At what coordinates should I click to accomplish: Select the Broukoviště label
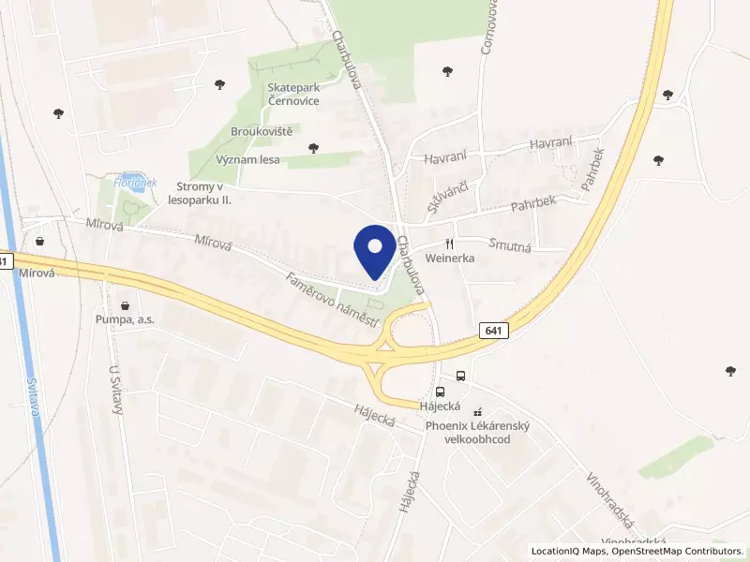coord(262,131)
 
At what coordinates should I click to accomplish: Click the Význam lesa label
coord(249,160)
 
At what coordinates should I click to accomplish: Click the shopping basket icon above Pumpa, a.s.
coord(125,304)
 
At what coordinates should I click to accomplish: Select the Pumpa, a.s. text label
coord(125,319)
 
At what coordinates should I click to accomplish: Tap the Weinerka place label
coord(449,258)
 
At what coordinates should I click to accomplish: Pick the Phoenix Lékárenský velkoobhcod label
coord(478,433)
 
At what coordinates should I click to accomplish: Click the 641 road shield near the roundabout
coord(493,331)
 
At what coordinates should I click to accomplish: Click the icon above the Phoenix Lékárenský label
coord(478,411)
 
